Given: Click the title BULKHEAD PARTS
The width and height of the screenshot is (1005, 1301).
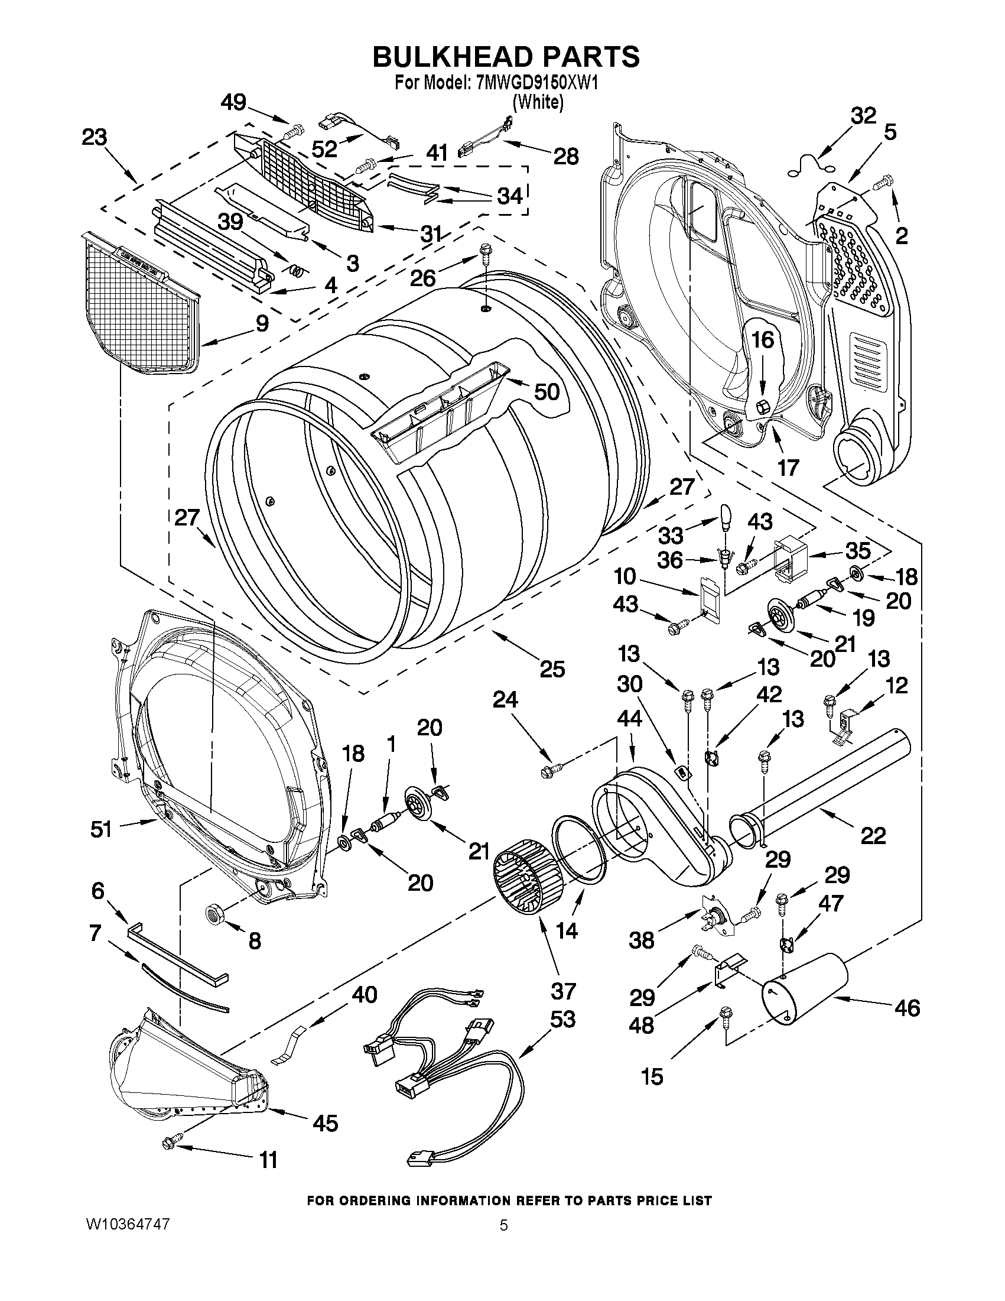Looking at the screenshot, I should [x=506, y=57].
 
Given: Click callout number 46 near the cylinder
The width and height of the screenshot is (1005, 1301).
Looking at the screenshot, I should [x=907, y=1008].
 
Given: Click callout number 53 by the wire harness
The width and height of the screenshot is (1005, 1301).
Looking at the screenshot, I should [x=562, y=1019].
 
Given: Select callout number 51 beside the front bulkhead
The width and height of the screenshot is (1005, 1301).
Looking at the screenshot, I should [x=100, y=829].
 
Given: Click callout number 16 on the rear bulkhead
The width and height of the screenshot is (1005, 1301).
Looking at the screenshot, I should [x=762, y=340].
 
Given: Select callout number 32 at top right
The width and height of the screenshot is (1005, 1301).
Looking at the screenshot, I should [x=863, y=116].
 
